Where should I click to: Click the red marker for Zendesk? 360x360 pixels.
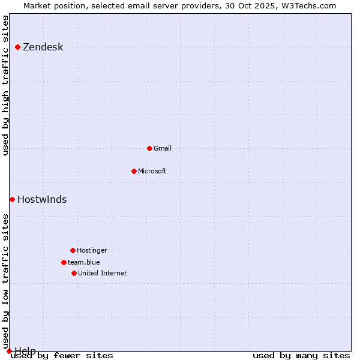[x=18, y=47]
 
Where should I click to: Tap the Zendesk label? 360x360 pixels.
[x=43, y=47]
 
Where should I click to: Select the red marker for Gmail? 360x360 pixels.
[x=149, y=148]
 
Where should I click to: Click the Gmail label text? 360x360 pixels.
[x=163, y=148]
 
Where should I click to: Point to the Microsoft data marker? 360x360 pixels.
[x=134, y=171]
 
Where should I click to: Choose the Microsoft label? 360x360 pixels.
[x=152, y=171]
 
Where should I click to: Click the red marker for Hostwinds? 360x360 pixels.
[x=12, y=199]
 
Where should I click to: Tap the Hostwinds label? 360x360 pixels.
[x=42, y=200]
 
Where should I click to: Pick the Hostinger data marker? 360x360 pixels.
[x=73, y=250]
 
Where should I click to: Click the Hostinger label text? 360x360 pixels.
[x=92, y=250]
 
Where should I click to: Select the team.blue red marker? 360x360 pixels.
[x=64, y=262]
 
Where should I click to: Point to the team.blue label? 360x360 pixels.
[x=84, y=262]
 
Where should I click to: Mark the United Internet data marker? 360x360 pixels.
[x=74, y=273]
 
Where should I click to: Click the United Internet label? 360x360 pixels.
[x=103, y=273]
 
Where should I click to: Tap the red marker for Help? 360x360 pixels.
[x=9, y=351]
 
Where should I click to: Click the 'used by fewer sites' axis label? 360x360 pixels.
[x=62, y=355]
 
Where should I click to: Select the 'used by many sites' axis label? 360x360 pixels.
[x=301, y=355]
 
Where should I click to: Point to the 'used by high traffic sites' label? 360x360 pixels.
[x=6, y=85]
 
